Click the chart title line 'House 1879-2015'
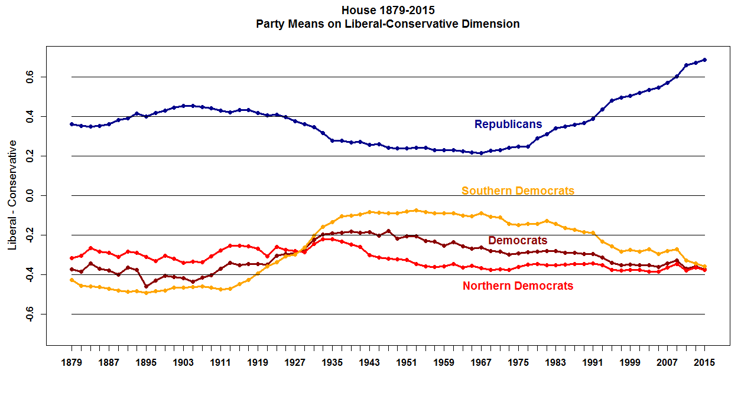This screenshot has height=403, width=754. [x=388, y=11]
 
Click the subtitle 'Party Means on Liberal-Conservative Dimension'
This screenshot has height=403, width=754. [x=388, y=24]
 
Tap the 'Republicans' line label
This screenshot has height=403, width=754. [x=508, y=124]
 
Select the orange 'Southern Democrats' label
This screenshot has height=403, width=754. [x=518, y=191]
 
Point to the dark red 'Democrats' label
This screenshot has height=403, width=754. [x=518, y=241]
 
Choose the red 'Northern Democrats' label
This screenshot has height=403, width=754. [x=518, y=286]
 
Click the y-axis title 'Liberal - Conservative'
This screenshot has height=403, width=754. [x=12, y=195]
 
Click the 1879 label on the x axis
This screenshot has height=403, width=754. [x=71, y=363]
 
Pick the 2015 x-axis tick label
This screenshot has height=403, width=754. [x=704, y=363]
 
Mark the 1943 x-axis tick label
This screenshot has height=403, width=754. [x=369, y=363]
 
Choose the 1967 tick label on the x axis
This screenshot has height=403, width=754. [x=481, y=363]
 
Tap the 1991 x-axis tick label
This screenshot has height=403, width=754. [x=593, y=363]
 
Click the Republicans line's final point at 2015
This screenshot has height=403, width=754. [x=704, y=60]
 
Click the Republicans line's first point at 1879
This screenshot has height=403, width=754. [x=71, y=124]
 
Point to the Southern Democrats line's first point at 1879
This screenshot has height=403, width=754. [x=71, y=280]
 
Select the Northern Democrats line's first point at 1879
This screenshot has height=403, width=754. [x=71, y=258]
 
